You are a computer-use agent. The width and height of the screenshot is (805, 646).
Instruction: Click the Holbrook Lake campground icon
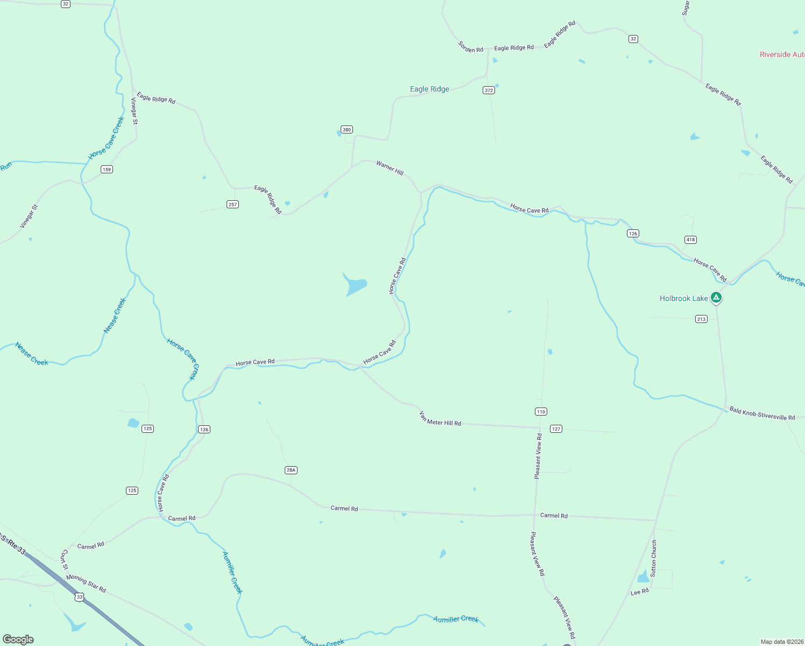tap(716, 297)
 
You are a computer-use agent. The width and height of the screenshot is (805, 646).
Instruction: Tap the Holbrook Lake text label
tap(684, 298)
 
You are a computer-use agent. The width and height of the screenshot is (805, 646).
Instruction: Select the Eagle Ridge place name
tap(429, 89)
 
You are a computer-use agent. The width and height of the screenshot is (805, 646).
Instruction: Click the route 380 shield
tap(347, 130)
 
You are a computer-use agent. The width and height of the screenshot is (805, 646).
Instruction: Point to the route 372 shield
tap(489, 90)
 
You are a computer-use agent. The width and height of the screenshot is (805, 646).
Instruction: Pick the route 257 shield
tap(232, 205)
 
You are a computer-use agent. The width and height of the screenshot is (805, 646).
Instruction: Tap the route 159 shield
tap(107, 170)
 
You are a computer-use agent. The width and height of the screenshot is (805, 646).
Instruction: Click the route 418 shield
tap(690, 240)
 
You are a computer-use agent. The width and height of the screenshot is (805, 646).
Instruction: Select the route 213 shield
tap(701, 319)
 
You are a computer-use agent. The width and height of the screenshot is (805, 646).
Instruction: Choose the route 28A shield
tap(291, 470)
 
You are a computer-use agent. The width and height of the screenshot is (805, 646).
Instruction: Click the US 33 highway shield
tap(80, 597)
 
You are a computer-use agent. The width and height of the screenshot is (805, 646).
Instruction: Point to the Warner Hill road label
tap(390, 168)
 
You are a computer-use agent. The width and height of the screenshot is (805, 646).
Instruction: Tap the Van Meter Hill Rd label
tap(440, 419)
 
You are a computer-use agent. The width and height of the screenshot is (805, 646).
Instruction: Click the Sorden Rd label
tap(471, 47)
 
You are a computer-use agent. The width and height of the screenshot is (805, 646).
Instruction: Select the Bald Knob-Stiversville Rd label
tap(762, 413)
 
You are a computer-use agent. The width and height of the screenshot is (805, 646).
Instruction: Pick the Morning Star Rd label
tap(86, 584)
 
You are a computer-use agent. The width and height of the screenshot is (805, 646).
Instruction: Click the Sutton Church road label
tap(654, 558)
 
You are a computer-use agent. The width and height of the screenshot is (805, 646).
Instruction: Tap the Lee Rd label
tap(640, 592)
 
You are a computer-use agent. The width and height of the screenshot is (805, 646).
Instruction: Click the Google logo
tap(18, 640)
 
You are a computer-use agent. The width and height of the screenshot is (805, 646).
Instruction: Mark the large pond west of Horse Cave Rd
tap(355, 285)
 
